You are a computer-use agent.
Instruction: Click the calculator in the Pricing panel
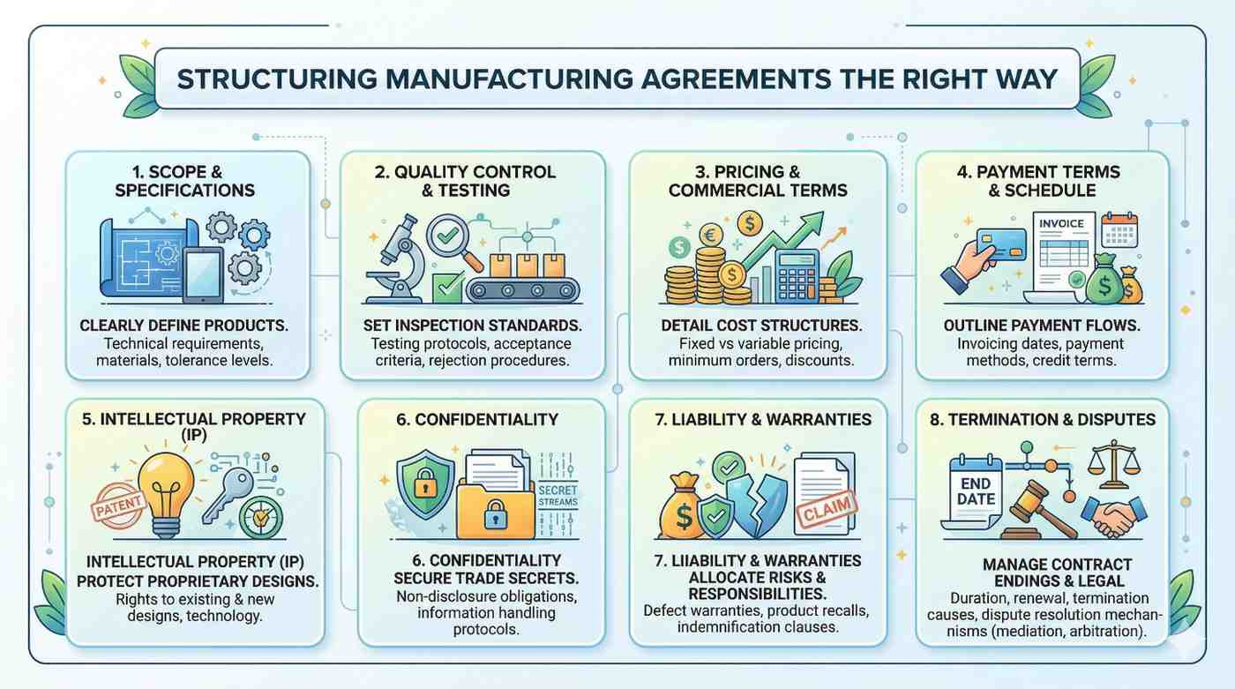pyautogui.click(x=797, y=275)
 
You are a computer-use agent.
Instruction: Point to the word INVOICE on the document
pyautogui.click(x=1061, y=224)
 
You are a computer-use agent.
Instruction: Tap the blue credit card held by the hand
pyautogui.click(x=1001, y=244)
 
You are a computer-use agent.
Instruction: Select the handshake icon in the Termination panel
pyautogui.click(x=1113, y=515)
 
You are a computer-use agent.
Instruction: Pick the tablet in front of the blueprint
pyautogui.click(x=204, y=274)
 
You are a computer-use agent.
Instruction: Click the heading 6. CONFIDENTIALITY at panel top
pyautogui.click(x=477, y=419)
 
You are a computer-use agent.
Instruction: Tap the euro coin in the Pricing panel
pyautogui.click(x=711, y=236)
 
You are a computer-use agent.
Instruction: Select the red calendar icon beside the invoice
pyautogui.click(x=1119, y=229)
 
